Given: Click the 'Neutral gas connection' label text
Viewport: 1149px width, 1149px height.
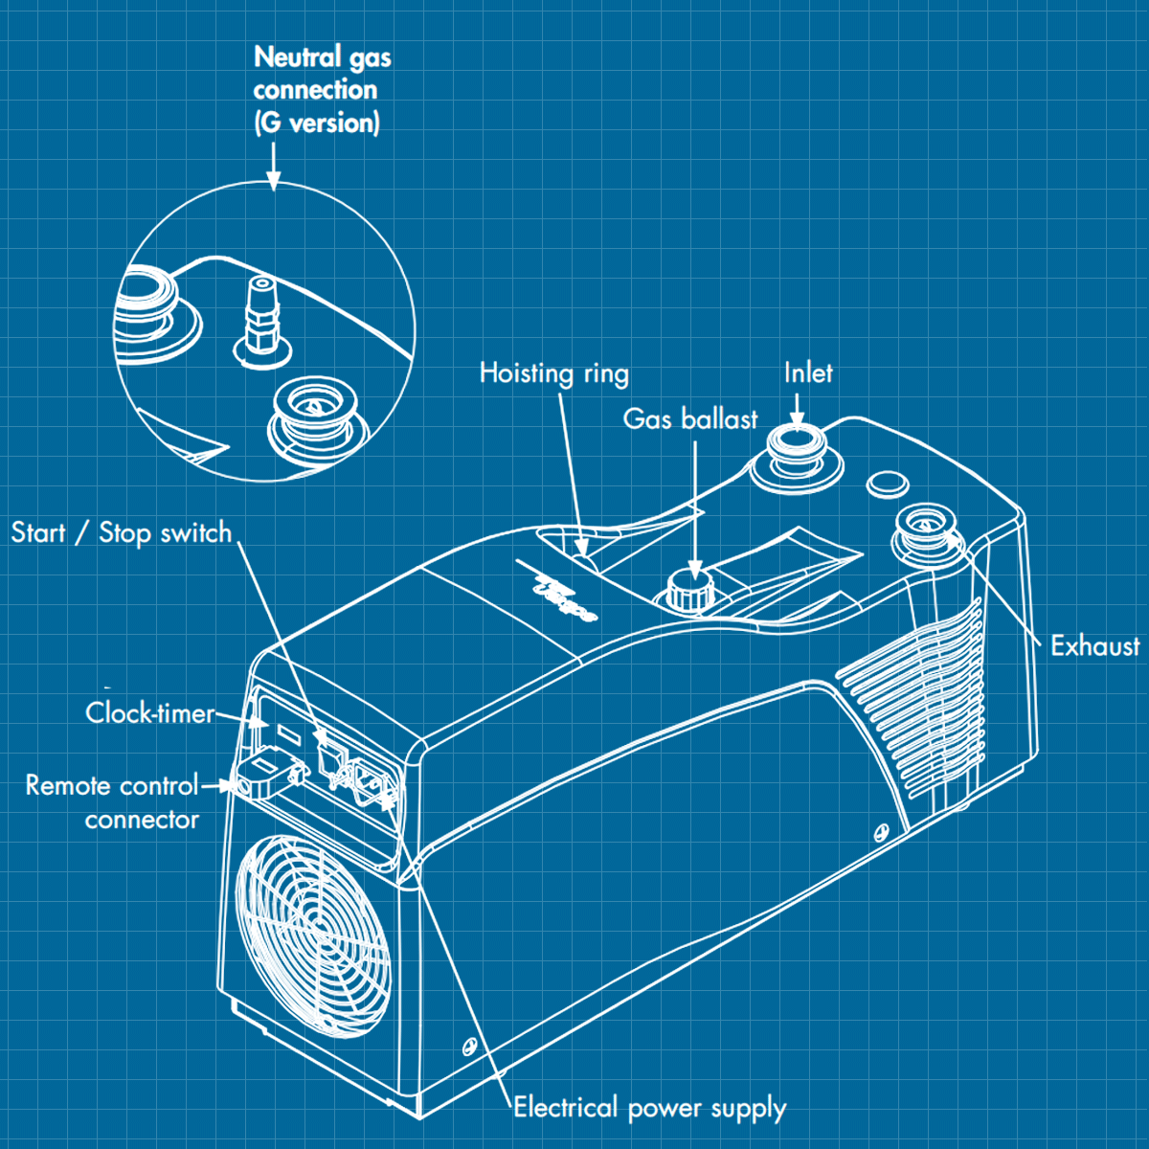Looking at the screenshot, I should coord(321,90).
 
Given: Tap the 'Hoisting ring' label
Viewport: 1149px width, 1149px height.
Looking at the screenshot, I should coord(553,373).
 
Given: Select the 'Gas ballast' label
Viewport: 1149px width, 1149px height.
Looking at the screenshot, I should coord(689,419).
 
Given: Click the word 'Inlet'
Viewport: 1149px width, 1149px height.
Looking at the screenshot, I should coord(808,373).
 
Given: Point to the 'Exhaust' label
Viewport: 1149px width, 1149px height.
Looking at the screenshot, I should coord(1094,646).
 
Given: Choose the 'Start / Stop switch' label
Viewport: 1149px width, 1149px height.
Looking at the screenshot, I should coord(122,532).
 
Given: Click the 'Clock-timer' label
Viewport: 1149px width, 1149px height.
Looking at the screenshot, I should coord(149,713).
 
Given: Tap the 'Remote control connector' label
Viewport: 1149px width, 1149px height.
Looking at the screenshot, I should coord(113,802).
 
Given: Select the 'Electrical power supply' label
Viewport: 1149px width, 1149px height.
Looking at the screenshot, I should coord(649,1108).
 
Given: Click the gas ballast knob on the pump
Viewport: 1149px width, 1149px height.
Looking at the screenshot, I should coord(688,589).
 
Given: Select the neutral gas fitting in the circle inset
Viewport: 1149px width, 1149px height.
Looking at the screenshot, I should coord(259,316).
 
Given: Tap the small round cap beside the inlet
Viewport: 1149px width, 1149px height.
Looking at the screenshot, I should coord(888,483).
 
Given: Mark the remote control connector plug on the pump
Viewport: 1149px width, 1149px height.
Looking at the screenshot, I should coord(263,775).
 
